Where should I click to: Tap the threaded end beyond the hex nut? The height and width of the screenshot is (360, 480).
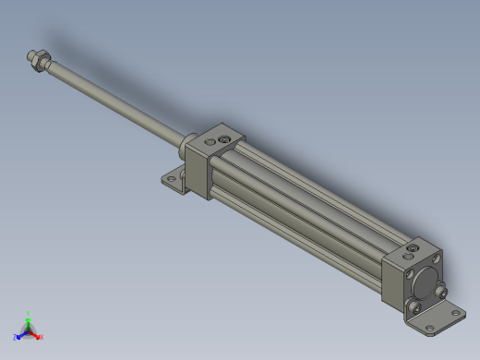pos(30,54)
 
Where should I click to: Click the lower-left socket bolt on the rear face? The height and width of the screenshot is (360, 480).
pos(420,306)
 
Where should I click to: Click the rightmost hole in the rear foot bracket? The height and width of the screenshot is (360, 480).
pos(453,315)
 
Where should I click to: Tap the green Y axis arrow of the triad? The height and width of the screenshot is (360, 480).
pos(29,317)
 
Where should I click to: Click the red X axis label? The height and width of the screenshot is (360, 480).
pos(42,337)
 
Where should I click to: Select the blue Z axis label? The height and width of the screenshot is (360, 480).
pos(16,337)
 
